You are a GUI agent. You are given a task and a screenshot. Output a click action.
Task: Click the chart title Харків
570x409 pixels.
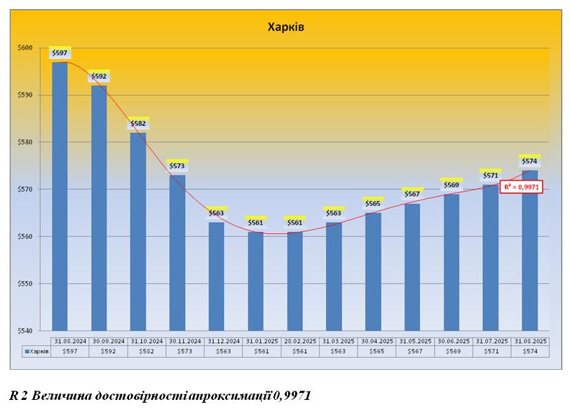pyautogui.click(x=285, y=27)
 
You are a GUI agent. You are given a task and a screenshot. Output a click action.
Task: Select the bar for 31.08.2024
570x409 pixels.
pyautogui.click(x=60, y=196)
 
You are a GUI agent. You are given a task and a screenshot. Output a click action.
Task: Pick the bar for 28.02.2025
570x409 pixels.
pyautogui.click(x=295, y=280)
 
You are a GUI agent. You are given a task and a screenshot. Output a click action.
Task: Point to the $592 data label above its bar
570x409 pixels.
pyautogui.click(x=99, y=76)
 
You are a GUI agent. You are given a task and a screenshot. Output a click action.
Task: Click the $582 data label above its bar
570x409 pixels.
pyautogui.click(x=138, y=124)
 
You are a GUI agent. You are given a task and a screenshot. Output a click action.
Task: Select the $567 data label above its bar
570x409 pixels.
pyautogui.click(x=412, y=194)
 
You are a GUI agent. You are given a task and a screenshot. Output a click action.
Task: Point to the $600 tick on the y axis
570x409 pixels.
pyautogui.click(x=25, y=48)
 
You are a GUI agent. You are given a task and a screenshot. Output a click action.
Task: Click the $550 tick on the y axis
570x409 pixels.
pyautogui.click(x=25, y=284)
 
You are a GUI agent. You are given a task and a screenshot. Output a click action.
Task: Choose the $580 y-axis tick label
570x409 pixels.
pyautogui.click(x=25, y=142)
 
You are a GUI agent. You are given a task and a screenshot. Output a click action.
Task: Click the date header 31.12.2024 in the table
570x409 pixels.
pyautogui.click(x=224, y=341)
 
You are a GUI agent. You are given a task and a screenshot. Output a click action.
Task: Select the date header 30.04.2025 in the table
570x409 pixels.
pyautogui.click(x=376, y=341)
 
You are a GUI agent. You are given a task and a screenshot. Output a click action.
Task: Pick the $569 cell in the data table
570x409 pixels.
pyautogui.click(x=453, y=352)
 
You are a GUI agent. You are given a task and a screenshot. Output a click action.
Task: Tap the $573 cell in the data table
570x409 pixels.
pyautogui.click(x=185, y=352)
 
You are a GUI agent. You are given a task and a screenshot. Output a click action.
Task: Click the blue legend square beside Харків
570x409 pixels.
pyautogui.click(x=26, y=352)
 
